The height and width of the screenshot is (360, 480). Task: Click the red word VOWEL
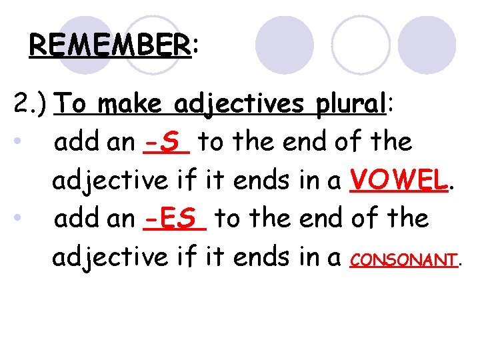coord(399,179)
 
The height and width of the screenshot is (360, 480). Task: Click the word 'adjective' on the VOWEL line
coord(111,181)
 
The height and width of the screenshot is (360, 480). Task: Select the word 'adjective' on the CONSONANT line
coord(111,257)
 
